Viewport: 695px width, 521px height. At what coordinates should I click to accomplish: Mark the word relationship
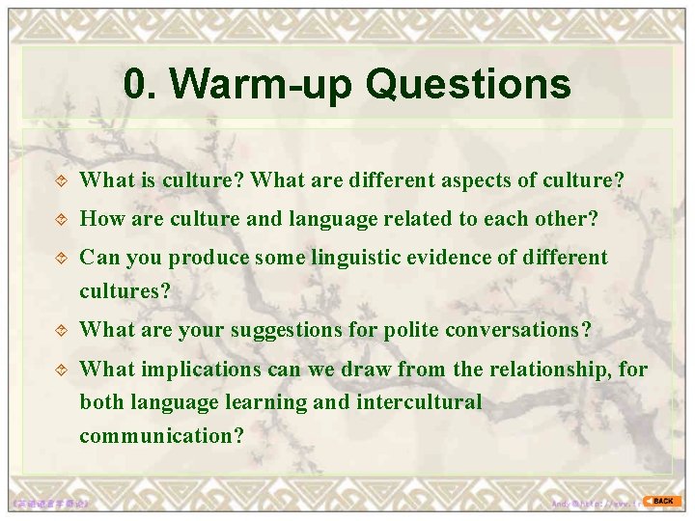(543, 369)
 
